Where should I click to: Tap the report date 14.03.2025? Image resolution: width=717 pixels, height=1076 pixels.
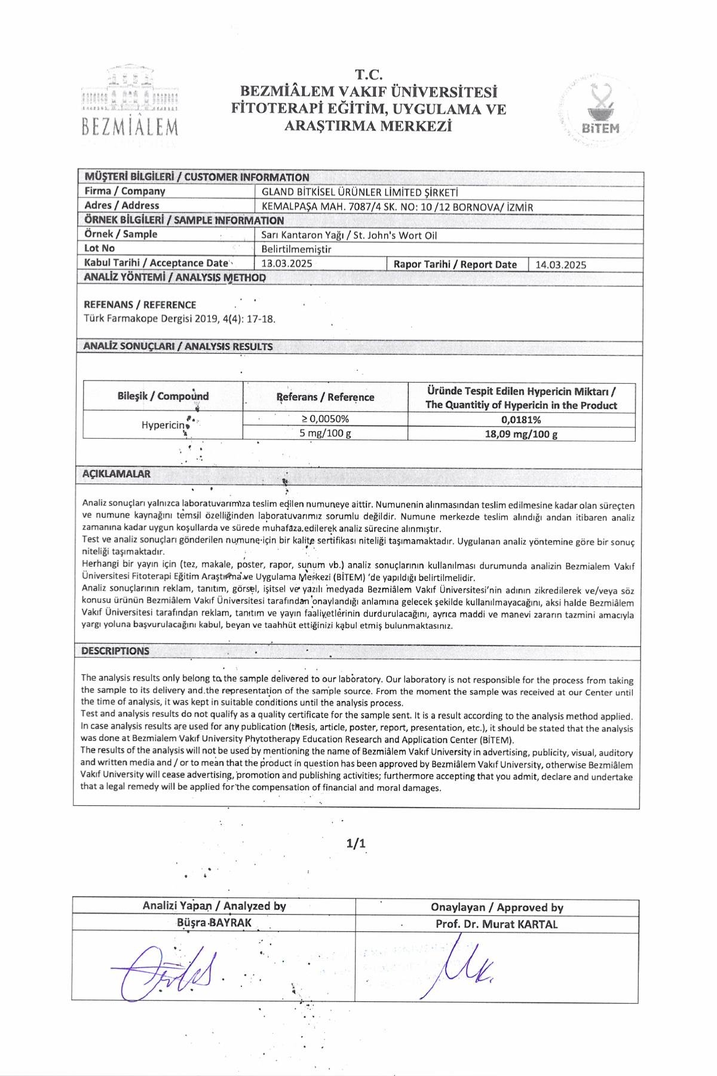pos(560,264)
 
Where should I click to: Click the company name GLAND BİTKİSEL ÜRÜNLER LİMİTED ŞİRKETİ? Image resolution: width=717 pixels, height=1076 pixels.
pos(360,192)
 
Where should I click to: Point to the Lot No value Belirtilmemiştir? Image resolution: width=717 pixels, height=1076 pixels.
pos(296,249)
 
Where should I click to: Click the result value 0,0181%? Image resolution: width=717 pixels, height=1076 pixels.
pos(521,420)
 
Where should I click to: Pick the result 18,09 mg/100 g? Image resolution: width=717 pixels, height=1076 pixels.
pos(521,434)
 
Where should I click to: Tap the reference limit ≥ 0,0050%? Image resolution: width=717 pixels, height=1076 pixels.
pos(325,419)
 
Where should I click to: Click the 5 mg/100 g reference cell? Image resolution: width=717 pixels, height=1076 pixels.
pos(325,433)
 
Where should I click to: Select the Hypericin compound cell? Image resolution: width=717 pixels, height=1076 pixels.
pos(163,425)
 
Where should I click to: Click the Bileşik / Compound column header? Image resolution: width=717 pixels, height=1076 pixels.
pos(163,396)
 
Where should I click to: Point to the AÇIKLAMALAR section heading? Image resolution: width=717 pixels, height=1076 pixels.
pos(117,474)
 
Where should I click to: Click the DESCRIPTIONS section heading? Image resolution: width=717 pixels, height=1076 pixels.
pos(115,651)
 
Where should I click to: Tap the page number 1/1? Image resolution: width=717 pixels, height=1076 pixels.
pos(356,843)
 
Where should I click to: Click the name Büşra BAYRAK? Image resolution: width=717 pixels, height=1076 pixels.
pos(214,923)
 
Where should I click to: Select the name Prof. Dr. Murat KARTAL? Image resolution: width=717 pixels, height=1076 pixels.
pos(497,924)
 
